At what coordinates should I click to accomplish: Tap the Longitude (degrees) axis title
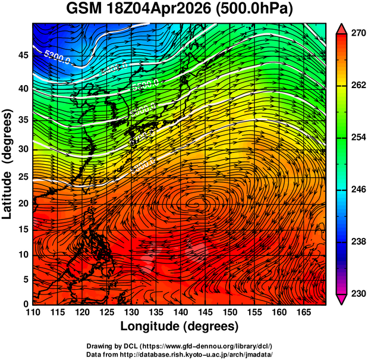pos(180,326)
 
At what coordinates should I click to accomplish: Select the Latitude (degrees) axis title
pos(8,164)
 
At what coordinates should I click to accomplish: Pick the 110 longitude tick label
pos(33,312)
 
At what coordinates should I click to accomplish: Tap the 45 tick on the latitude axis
pos(22,55)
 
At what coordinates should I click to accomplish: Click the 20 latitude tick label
pos(22,203)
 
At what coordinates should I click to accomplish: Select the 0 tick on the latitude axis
pos(25,304)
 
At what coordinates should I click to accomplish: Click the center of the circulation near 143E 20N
pos(194,206)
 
